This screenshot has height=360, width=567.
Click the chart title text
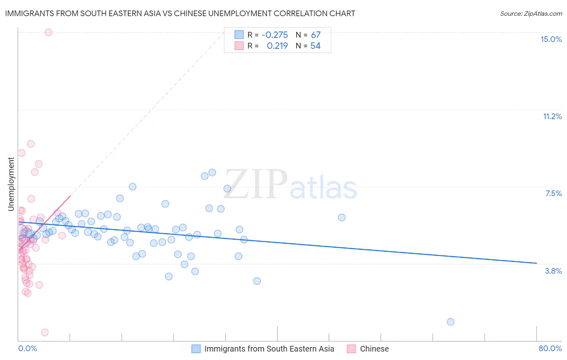coord(180,13)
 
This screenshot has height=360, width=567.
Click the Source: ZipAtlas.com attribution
coord(531,13)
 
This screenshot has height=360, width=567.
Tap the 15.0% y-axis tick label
coord(551,39)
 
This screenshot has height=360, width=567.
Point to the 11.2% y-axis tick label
coord(552,116)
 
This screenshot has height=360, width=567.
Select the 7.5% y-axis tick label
coord(553,193)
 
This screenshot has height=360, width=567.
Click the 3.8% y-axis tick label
coord(553,271)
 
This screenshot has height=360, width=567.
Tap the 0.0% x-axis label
coord(27,348)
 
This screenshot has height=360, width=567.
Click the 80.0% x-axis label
coord(550,348)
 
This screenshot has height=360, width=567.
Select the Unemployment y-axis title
coord(11,184)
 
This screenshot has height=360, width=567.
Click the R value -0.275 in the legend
coord(275,35)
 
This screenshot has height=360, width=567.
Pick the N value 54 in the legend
coord(315,46)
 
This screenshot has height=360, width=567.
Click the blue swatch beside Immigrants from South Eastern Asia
coord(196,349)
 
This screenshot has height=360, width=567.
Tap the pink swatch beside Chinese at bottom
coord(351,349)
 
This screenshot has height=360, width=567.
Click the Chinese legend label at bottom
coord(374,349)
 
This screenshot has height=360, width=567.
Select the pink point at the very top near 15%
coord(48,32)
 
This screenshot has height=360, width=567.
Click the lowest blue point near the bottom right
coord(450,322)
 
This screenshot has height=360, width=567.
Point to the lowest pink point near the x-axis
coord(45,332)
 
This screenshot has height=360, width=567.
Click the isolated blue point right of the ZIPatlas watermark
coord(342,217)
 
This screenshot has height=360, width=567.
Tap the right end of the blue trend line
coord(536,263)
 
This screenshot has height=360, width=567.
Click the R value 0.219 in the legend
coord(277,46)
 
